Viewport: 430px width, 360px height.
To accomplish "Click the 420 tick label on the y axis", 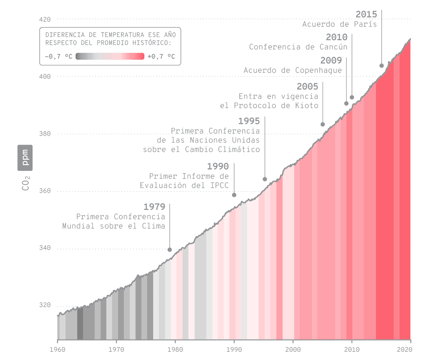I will tap(45, 19).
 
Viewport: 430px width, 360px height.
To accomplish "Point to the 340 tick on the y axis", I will tap(45, 248).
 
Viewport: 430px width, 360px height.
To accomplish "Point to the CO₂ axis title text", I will tap(26, 183).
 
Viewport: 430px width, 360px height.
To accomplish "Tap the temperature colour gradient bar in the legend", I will tap(110, 56).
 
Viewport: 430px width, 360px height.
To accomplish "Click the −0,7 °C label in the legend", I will tap(58, 57).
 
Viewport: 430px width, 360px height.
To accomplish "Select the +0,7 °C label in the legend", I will tap(161, 57).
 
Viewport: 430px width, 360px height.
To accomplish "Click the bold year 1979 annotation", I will tap(154, 207).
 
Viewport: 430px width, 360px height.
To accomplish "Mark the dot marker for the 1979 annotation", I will tap(170, 250).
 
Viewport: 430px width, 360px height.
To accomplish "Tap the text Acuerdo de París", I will tap(339, 24).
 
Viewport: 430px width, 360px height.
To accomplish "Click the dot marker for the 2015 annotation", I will tap(382, 66).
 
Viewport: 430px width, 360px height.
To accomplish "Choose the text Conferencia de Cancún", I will tap(298, 47).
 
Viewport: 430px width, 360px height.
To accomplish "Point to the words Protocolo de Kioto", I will tap(276, 106).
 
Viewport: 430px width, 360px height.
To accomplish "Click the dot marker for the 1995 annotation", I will tap(265, 179).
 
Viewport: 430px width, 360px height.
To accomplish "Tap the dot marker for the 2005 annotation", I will tap(323, 124).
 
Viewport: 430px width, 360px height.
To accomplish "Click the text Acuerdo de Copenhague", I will tap(293, 71).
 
